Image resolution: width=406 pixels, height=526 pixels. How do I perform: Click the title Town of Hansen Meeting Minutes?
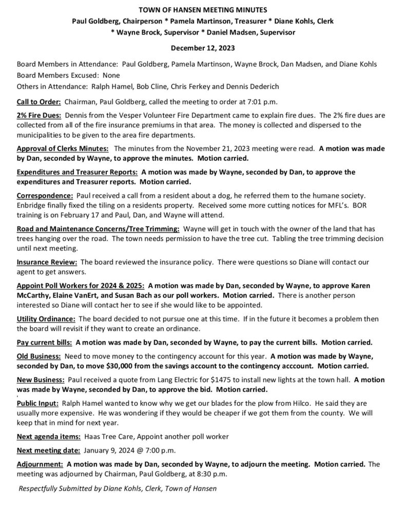(202, 10)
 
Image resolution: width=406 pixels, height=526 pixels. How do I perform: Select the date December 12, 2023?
(202, 49)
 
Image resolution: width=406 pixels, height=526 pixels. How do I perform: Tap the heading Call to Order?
(39, 102)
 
